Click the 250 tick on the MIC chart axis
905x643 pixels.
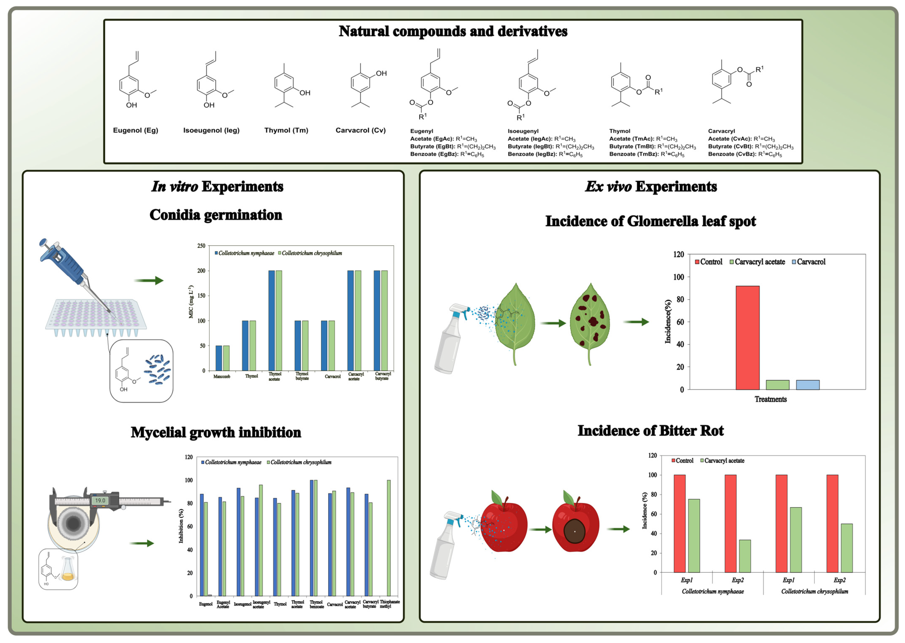(x=201, y=246)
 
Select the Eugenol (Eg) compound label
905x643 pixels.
(x=135, y=130)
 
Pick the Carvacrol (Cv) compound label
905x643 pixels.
(x=360, y=130)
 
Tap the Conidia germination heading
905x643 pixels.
(x=216, y=215)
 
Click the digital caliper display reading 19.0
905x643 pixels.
(x=100, y=500)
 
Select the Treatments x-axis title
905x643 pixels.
(x=770, y=399)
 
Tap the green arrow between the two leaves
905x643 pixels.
(x=553, y=323)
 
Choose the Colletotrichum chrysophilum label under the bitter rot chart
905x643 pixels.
(x=814, y=591)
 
